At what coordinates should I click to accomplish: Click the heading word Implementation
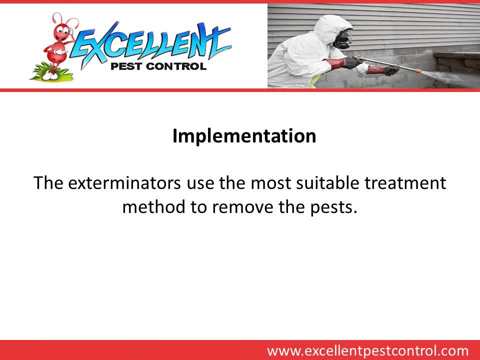pos(244,136)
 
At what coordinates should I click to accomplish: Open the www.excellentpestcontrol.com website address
pos(367,350)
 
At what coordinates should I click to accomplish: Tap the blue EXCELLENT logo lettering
pos(150,42)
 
